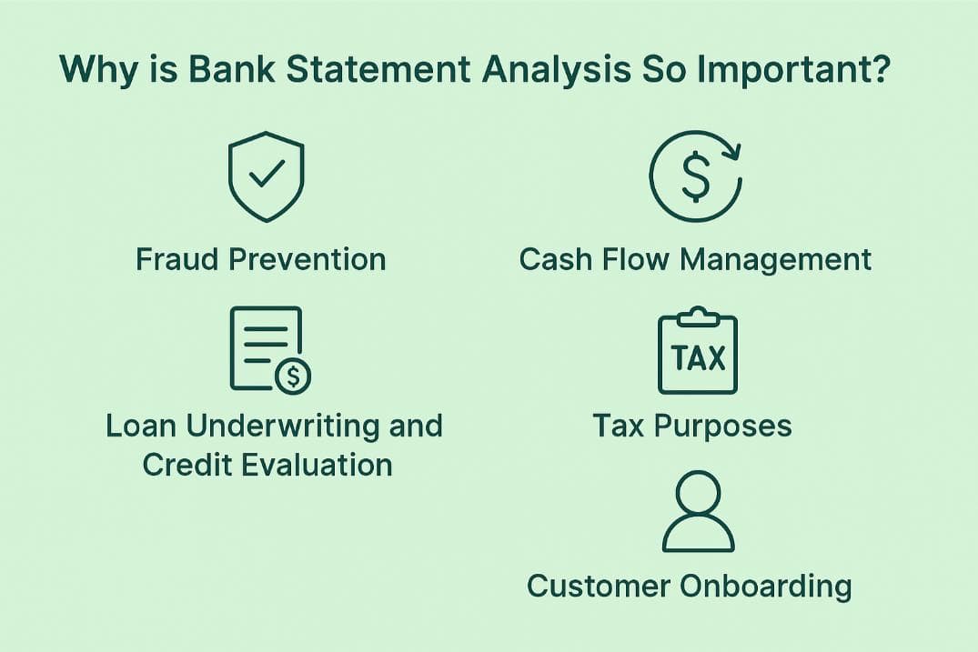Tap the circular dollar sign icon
(696, 176)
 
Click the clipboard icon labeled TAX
(698, 353)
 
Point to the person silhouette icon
(698, 512)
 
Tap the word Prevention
(307, 259)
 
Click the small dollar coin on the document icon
(292, 375)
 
